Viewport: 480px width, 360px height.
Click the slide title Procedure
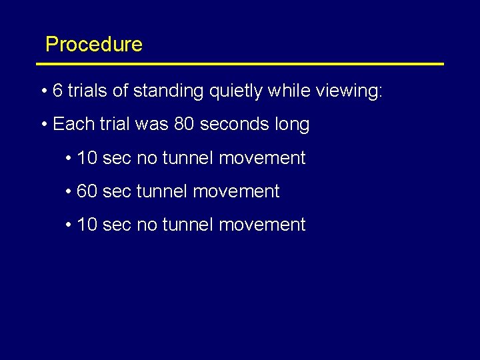93,45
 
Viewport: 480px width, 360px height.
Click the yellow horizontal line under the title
240,64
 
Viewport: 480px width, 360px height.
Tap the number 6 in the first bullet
57,91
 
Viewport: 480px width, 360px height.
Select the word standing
168,91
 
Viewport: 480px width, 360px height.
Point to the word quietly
236,91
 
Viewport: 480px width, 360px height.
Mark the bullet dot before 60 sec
69,192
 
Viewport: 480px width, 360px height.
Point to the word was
150,125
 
